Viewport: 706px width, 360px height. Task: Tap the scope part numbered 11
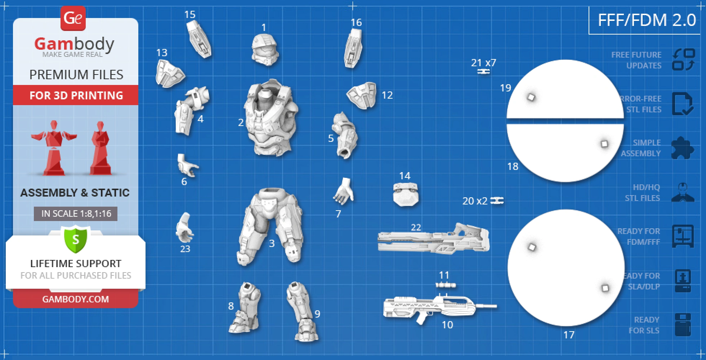pyautogui.click(x=446, y=285)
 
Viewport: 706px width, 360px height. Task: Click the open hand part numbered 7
pyautogui.click(x=343, y=191)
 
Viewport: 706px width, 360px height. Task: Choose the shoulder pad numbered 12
pyautogui.click(x=362, y=95)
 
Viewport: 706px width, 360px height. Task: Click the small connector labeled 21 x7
pyautogui.click(x=483, y=72)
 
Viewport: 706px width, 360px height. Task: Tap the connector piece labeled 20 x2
pyautogui.click(x=497, y=201)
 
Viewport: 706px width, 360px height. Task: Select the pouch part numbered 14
pyautogui.click(x=406, y=194)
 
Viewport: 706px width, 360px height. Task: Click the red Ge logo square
pyautogui.click(x=73, y=18)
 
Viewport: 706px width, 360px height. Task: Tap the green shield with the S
pyautogui.click(x=76, y=239)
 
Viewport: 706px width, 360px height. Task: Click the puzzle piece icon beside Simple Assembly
pyautogui.click(x=682, y=148)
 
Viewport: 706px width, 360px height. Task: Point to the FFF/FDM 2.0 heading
pyautogui.click(x=647, y=20)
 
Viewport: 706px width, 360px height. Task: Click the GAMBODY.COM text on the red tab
pyautogui.click(x=76, y=299)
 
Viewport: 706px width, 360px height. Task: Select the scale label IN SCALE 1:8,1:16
pyautogui.click(x=76, y=213)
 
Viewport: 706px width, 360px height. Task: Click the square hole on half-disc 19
pyautogui.click(x=531, y=97)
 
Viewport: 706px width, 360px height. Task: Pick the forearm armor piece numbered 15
pyautogui.click(x=198, y=39)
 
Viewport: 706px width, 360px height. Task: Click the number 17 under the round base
pyautogui.click(x=568, y=335)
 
